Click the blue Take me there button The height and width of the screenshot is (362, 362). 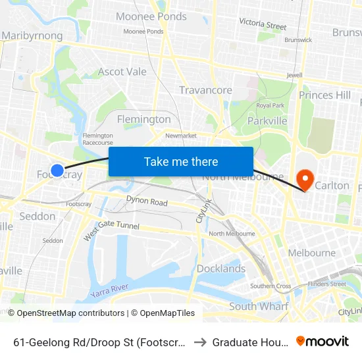pyautogui.click(x=181, y=161)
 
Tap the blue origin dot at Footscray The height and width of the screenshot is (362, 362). pyautogui.click(x=57, y=170)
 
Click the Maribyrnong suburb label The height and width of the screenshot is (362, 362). pyautogui.click(x=33, y=36)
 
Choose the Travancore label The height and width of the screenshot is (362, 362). pyautogui.click(x=205, y=90)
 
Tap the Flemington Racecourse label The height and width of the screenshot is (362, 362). pyautogui.click(x=98, y=139)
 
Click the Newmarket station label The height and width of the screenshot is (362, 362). pyautogui.click(x=181, y=136)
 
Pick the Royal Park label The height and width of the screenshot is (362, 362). pyautogui.click(x=270, y=105)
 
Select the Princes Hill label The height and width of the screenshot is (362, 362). pyautogui.click(x=324, y=95)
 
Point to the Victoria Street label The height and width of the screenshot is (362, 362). pyautogui.click(x=263, y=24)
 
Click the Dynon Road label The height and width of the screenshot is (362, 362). pyautogui.click(x=147, y=202)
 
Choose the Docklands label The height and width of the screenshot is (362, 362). pyautogui.click(x=220, y=269)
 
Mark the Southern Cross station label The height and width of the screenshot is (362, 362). pyautogui.click(x=271, y=286)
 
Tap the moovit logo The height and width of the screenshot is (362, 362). pyautogui.click(x=323, y=341)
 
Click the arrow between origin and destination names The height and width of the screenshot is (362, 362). pyautogui.click(x=199, y=342)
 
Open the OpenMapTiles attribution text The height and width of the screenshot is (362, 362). pyautogui.click(x=163, y=313)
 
